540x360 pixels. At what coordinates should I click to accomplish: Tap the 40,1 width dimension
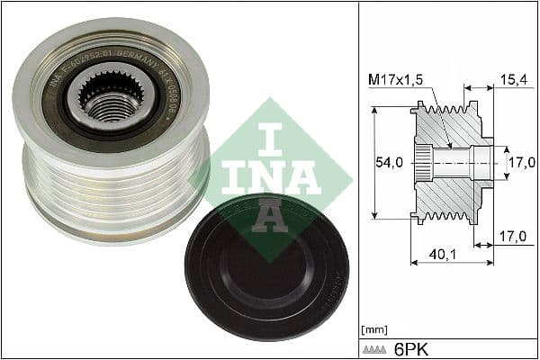440,255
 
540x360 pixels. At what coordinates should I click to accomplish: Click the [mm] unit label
372,330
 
